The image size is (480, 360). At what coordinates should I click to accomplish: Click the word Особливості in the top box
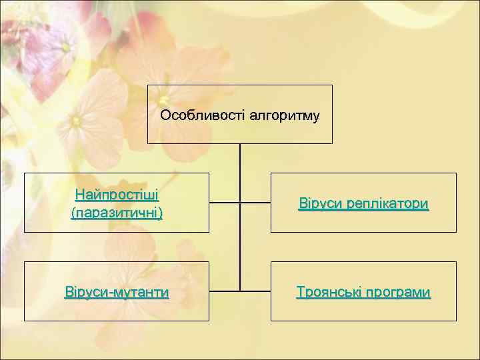tap(202, 116)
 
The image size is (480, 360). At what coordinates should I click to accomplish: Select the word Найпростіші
tap(117, 195)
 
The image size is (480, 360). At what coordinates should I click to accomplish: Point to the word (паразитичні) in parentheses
tap(117, 213)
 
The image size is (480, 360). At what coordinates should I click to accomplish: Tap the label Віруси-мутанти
tap(117, 292)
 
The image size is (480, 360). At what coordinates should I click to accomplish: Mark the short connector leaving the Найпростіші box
tap(224, 201)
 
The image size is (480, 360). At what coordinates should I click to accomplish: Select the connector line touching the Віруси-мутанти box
tap(224, 291)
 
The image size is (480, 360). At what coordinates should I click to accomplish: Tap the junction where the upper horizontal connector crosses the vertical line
tap(240, 201)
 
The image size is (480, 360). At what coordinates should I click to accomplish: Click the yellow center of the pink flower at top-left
tap(65, 47)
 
